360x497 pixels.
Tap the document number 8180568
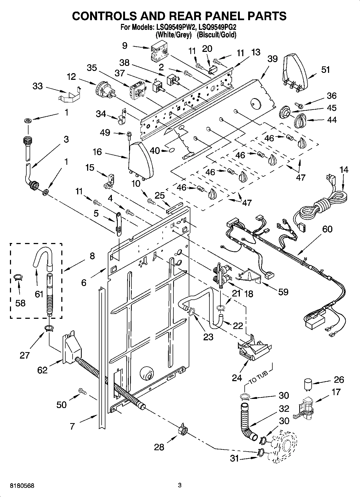coord(22,486)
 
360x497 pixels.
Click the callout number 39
coord(272,59)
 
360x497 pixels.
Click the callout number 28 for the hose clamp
coord(159,447)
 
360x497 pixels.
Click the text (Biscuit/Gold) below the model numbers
coord(216,35)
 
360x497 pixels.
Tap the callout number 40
coord(155,151)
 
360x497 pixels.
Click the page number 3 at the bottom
coord(180,485)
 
